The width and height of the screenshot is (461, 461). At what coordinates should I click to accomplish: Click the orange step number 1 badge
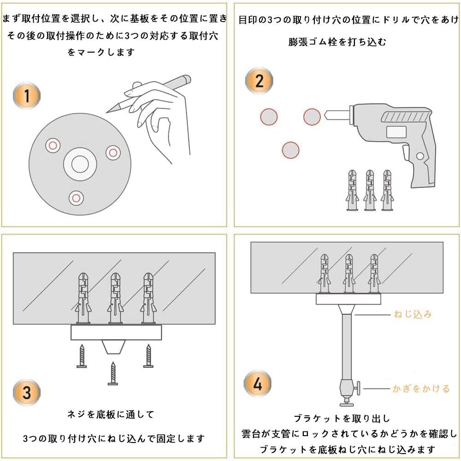tap(27, 96)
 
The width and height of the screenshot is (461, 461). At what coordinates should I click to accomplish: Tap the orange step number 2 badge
tap(259, 81)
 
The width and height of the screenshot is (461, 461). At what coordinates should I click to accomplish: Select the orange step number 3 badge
tap(27, 392)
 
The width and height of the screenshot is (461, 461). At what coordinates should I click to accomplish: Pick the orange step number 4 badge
tap(258, 384)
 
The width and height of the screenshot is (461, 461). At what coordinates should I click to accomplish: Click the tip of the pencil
tap(106, 112)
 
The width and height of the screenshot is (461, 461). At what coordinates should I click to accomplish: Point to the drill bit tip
tap(325, 115)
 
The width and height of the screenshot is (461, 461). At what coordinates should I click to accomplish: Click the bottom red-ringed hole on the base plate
tap(76, 198)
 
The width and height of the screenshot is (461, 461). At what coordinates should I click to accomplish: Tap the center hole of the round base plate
tap(80, 164)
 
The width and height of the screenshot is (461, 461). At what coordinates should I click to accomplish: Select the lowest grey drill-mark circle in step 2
tap(290, 150)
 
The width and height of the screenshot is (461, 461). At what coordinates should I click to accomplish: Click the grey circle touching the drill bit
tap(312, 117)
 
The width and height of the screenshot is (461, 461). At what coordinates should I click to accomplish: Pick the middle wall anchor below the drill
tap(370, 190)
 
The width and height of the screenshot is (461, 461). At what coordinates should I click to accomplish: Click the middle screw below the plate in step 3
tap(113, 373)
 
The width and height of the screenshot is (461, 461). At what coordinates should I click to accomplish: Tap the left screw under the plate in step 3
tap(82, 356)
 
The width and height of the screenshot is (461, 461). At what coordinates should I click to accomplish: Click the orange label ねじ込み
tap(413, 314)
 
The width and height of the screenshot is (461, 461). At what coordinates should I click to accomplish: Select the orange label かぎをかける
tap(421, 389)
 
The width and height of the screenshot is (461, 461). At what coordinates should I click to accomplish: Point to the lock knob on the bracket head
tap(357, 388)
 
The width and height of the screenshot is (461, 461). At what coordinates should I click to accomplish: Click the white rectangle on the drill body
tap(396, 132)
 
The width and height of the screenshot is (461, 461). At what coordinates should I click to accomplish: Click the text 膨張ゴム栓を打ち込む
tap(337, 42)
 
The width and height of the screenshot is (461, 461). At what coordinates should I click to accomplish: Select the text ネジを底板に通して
tap(111, 414)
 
